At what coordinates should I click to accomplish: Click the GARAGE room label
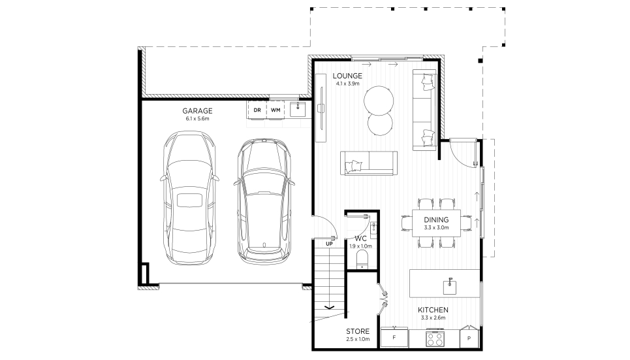[197, 110]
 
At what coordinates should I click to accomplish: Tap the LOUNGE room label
[347, 76]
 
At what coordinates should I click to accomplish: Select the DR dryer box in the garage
[257, 110]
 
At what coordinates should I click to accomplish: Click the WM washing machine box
[276, 110]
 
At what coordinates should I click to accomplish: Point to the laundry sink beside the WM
[298, 108]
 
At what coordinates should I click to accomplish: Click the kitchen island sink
[450, 286]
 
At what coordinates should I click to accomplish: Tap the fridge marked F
[394, 338]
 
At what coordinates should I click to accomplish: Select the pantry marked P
[469, 336]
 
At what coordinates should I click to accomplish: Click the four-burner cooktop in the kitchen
[435, 338]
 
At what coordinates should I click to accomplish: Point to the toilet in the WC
[362, 259]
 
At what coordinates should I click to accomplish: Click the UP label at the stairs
[330, 244]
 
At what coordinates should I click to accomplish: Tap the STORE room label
[358, 331]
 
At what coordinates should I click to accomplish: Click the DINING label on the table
[436, 220]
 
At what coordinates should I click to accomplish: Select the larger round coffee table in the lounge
[379, 101]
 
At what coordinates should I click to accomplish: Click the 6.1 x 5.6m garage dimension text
[197, 119]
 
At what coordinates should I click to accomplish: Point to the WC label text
[361, 238]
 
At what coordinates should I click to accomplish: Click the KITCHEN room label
[433, 310]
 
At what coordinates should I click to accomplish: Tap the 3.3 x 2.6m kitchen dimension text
[433, 318]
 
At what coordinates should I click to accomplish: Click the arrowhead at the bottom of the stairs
[330, 308]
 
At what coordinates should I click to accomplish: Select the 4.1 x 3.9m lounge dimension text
[347, 84]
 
